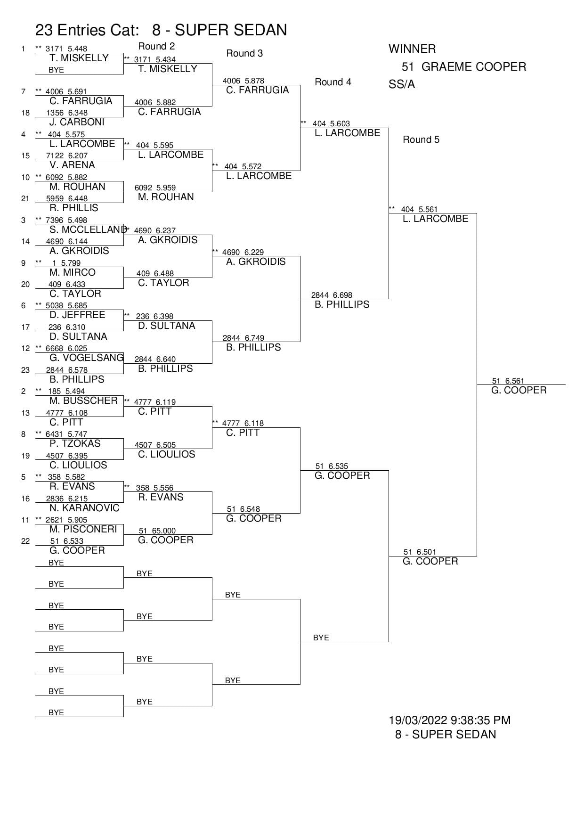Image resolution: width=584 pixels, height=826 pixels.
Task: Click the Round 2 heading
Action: click(x=156, y=46)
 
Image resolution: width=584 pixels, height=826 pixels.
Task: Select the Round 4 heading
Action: click(x=333, y=82)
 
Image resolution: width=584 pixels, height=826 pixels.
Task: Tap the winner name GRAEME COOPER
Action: click(x=464, y=67)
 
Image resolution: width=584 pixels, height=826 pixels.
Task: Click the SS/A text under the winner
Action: click(x=402, y=84)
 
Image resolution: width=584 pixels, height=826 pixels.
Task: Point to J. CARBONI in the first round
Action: click(x=77, y=122)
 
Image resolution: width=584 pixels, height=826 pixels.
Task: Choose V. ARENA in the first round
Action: click(x=72, y=165)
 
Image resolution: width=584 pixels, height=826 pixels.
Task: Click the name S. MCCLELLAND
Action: click(x=88, y=229)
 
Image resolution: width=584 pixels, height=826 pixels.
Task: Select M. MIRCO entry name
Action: click(x=73, y=272)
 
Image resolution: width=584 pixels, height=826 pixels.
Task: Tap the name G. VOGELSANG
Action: click(x=87, y=358)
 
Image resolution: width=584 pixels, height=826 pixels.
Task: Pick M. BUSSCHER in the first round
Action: click(x=83, y=401)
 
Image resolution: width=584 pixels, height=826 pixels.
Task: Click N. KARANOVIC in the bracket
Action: click(x=84, y=508)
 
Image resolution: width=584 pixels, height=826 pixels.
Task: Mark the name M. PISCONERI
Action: click(x=83, y=529)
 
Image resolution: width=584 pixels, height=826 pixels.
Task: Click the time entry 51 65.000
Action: click(x=157, y=531)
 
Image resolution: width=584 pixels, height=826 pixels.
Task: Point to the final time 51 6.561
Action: click(x=508, y=381)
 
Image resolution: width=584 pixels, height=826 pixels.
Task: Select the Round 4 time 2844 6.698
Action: click(x=332, y=295)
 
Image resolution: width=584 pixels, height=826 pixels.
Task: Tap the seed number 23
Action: click(x=25, y=370)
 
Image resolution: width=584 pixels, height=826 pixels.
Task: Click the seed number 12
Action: click(x=25, y=349)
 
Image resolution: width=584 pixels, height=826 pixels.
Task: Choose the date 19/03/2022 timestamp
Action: click(x=449, y=720)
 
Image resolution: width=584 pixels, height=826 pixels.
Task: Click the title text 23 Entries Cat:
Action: click(x=87, y=30)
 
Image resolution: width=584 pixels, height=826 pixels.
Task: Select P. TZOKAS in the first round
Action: click(x=75, y=443)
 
